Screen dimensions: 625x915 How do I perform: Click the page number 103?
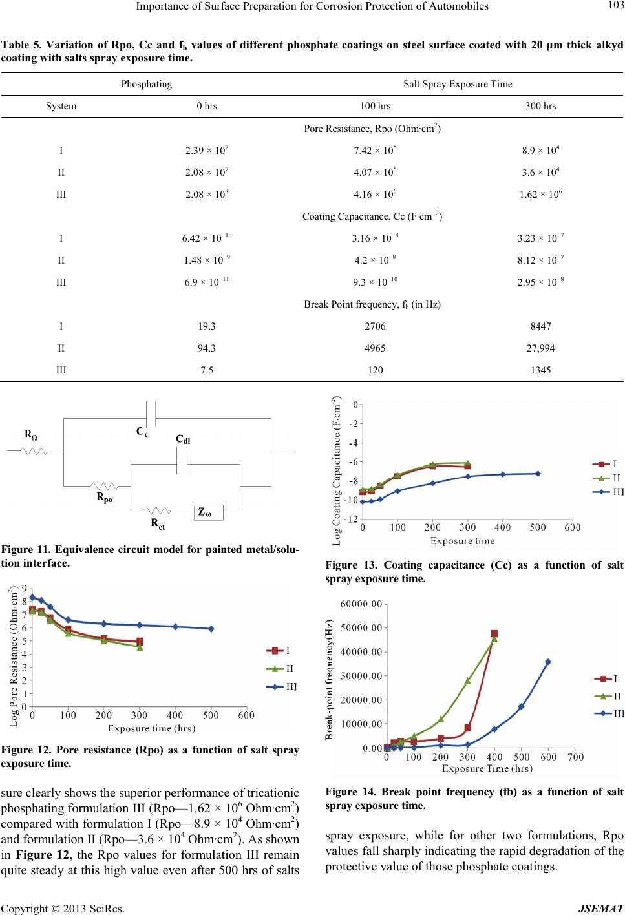coord(615,6)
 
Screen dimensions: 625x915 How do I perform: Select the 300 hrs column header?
coord(540,106)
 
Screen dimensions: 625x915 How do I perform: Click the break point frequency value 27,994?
coord(540,348)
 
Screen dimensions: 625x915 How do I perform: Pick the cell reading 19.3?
coord(207,326)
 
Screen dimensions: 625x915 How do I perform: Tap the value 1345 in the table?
coord(540,370)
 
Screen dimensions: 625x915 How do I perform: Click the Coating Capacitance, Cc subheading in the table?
coord(372,216)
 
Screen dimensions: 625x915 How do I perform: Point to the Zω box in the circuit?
coord(208,512)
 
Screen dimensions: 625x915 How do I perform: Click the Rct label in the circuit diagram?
coord(158,524)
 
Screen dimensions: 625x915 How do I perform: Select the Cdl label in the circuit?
coord(183,439)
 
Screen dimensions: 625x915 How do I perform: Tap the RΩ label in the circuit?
coord(31,435)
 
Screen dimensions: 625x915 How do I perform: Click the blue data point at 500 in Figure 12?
coord(211,629)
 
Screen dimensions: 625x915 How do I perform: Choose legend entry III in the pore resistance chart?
coord(281,687)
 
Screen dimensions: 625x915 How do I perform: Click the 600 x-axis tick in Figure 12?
coord(246,715)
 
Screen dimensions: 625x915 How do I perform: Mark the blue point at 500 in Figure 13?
coord(538,474)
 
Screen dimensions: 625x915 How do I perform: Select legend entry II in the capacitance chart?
coord(607,478)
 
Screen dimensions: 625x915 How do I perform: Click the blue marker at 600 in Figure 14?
coord(548,662)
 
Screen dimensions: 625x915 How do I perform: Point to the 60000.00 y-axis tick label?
coord(361,604)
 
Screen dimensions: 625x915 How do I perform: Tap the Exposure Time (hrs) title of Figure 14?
coord(487,768)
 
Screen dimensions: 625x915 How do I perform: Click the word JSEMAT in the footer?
coord(601,909)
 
